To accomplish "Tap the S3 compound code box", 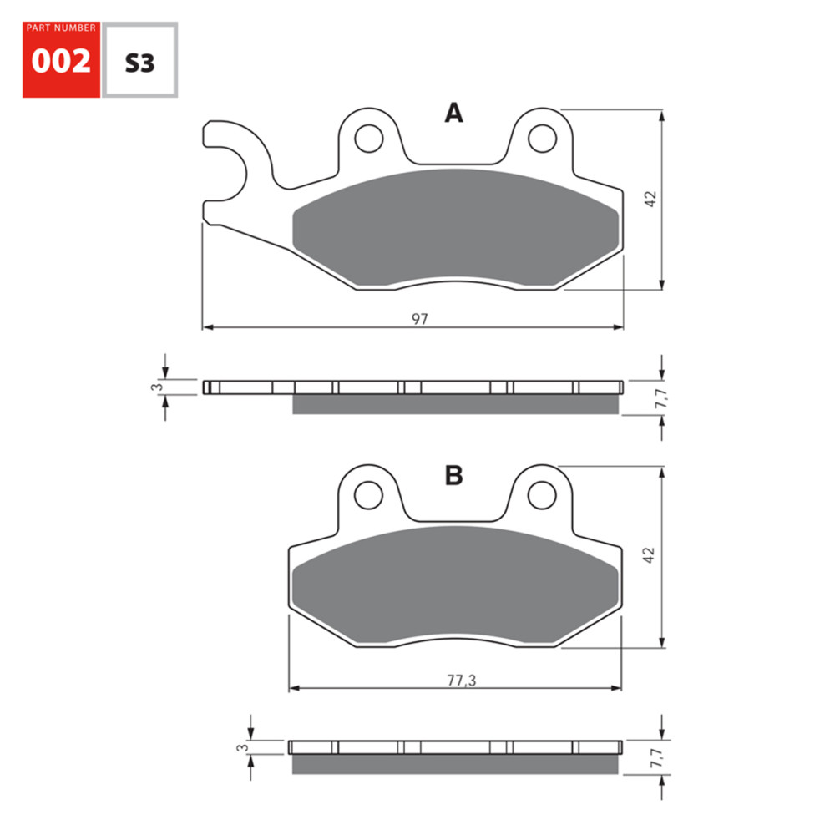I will coord(139,63).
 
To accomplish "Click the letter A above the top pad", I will coord(453,114).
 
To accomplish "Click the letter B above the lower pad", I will coord(453,475).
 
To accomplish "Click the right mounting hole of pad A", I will coord(542,136).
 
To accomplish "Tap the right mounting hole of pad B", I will coord(542,494).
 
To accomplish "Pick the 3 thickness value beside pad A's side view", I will coord(154,387).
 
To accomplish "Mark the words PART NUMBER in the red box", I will coord(61,28).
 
